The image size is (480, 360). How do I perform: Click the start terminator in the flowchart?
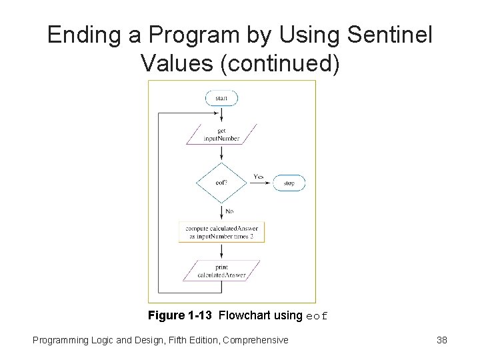coord(221,99)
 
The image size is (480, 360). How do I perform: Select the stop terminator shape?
coord(289,183)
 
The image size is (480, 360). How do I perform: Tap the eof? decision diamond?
coord(221,183)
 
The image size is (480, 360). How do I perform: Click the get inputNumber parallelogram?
coord(221,135)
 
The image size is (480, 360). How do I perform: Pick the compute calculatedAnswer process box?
coord(221,232)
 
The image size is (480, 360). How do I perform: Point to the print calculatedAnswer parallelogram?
coord(221,271)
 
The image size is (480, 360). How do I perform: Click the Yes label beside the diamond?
coord(259,177)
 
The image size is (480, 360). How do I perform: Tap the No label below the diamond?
coord(229,211)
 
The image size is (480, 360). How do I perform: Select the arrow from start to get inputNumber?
coord(221,115)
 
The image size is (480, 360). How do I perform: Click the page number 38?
coord(441,340)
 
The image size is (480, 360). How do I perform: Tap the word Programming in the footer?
coord(60,340)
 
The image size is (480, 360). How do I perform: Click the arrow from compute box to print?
coord(221,251)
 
